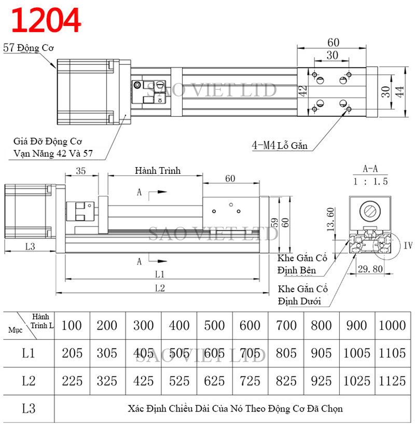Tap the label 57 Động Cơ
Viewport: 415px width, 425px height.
pyautogui.click(x=30, y=48)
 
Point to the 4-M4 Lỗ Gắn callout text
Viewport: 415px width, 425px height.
pyautogui.click(x=280, y=146)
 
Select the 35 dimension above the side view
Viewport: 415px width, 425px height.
pyautogui.click(x=80, y=171)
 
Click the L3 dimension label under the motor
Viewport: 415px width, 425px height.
pyautogui.click(x=30, y=246)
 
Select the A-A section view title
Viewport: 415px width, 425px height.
pyautogui.click(x=370, y=169)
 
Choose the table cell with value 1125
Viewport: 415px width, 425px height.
pyautogui.click(x=393, y=381)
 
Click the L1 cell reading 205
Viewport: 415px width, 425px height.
pyautogui.click(x=72, y=353)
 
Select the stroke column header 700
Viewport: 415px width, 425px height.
pyautogui.click(x=286, y=326)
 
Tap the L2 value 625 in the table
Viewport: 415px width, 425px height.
pyautogui.click(x=215, y=381)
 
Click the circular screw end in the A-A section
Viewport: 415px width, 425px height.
pyautogui.click(x=371, y=212)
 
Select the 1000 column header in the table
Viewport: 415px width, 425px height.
pyautogui.click(x=393, y=326)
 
